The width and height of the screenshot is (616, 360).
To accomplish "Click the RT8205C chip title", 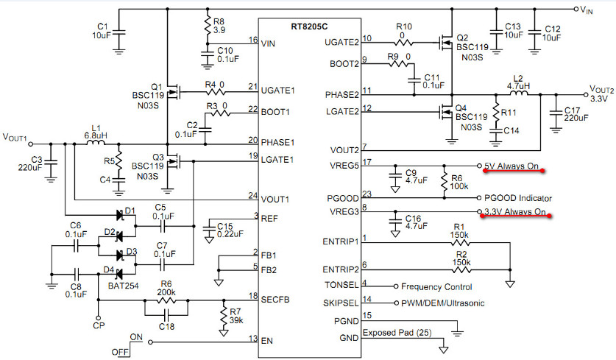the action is pos(309,27).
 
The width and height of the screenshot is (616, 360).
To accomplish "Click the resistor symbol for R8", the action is pos(208,26).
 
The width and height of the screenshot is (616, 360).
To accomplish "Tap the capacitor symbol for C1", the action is pos(118,33).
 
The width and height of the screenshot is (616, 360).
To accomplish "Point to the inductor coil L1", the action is pos(96,142).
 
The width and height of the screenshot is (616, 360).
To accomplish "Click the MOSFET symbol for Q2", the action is pos(446,42).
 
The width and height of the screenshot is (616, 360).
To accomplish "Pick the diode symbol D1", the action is pos(120,215).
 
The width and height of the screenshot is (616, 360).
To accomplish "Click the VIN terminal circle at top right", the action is pos(576,9).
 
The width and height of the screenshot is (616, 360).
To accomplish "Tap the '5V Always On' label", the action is pos(511,166).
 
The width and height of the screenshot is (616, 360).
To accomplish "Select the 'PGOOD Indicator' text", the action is pos(518,198).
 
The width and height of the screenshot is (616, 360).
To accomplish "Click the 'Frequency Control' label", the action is pos(436,286).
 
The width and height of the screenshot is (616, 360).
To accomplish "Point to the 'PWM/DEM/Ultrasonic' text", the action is pos(443,303).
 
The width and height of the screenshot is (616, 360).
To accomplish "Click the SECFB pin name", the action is pos(275,300).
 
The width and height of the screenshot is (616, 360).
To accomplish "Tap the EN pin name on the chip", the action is pos(266,341).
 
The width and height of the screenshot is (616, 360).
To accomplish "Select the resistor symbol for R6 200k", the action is pos(166,300).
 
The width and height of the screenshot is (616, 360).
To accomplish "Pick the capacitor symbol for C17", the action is pos(556,113).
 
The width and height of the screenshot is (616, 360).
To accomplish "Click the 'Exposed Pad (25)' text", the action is pos(397,333).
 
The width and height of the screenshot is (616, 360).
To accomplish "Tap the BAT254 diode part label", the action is pos(124,286).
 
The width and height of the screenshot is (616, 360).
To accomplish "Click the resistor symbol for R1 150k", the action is pos(460,242).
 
